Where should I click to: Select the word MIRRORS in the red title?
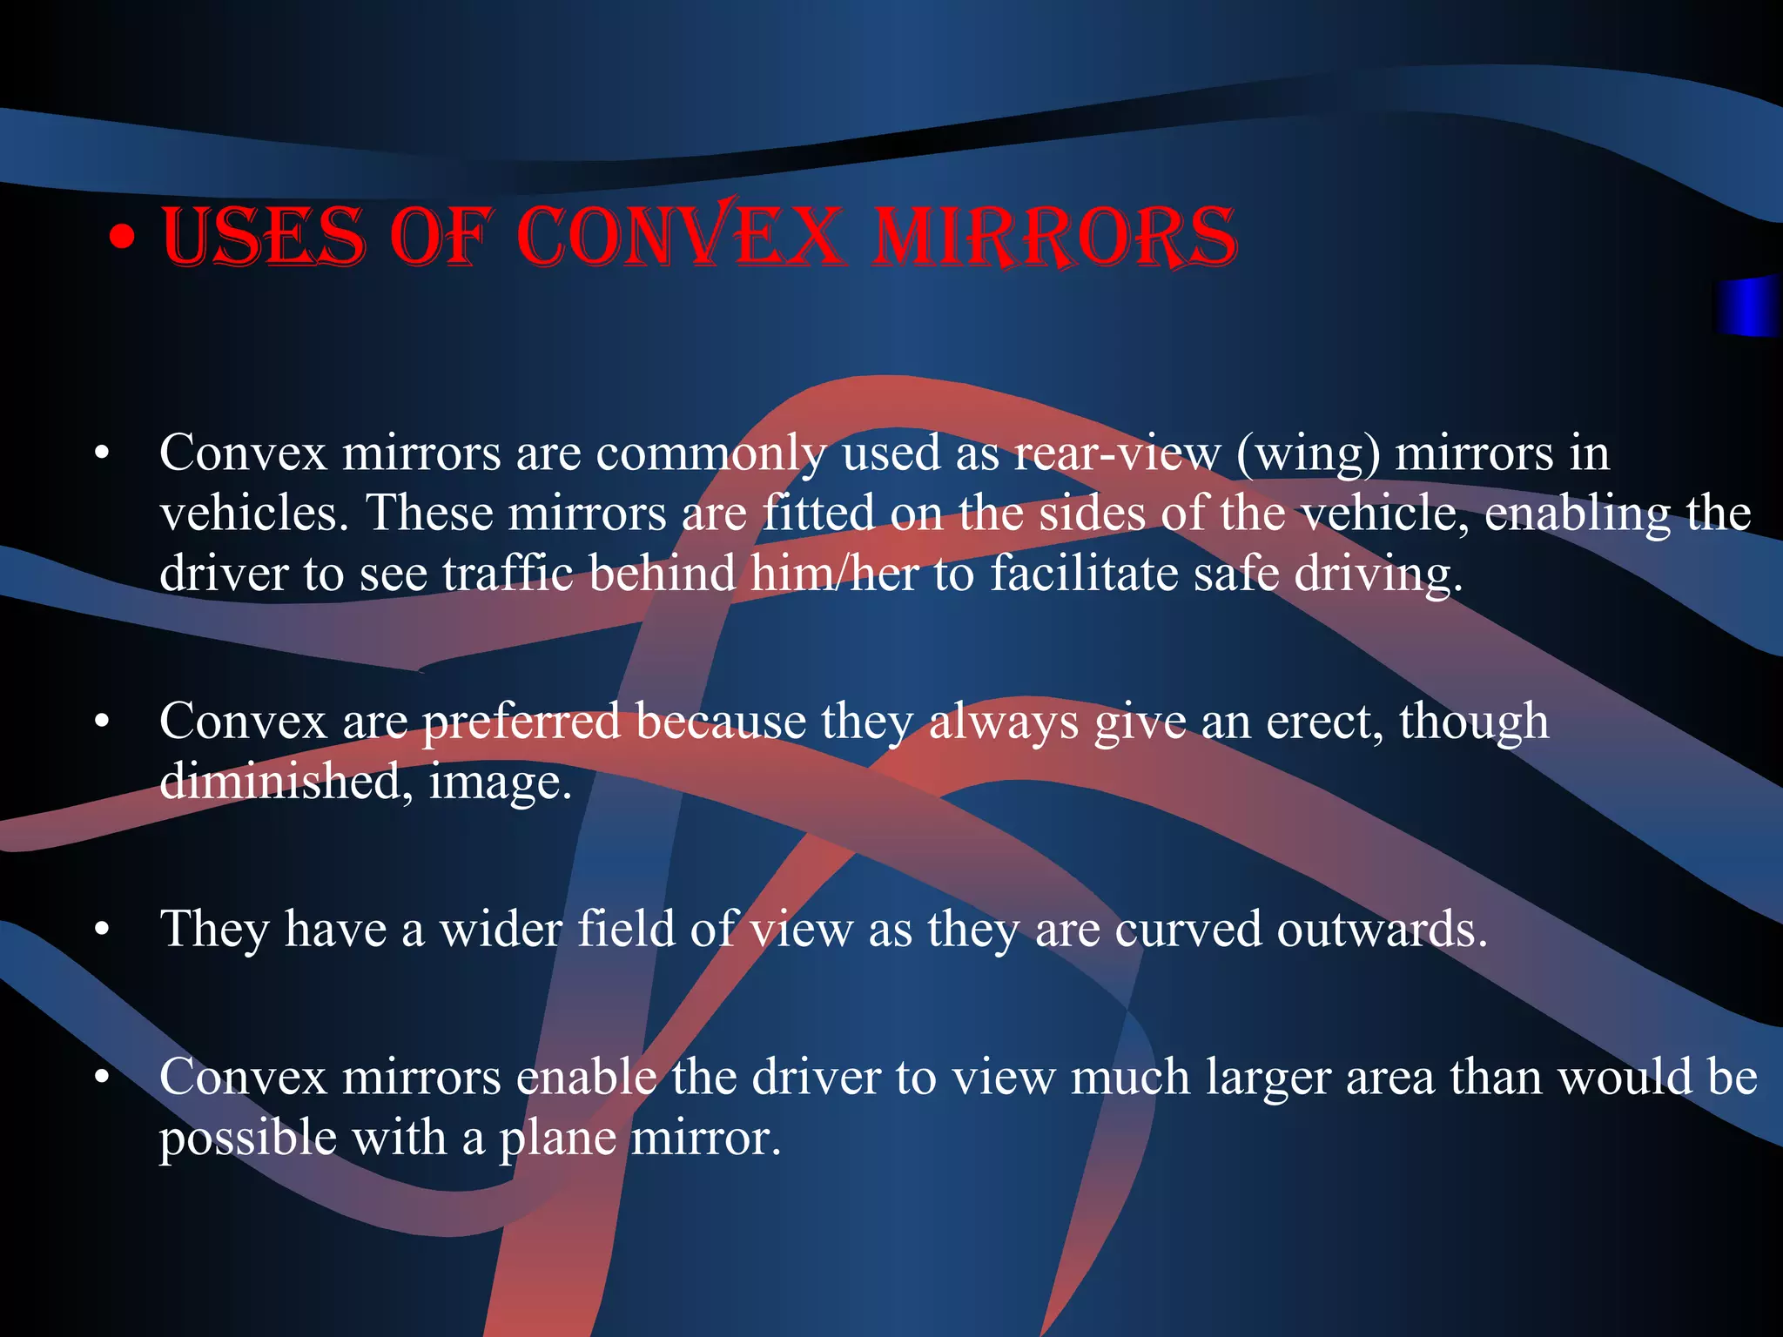click(x=1053, y=236)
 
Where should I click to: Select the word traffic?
click(x=508, y=574)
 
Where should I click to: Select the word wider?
click(x=501, y=929)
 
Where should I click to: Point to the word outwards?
click(x=1382, y=929)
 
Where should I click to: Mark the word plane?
click(x=557, y=1139)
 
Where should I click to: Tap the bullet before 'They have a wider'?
click(x=103, y=930)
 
